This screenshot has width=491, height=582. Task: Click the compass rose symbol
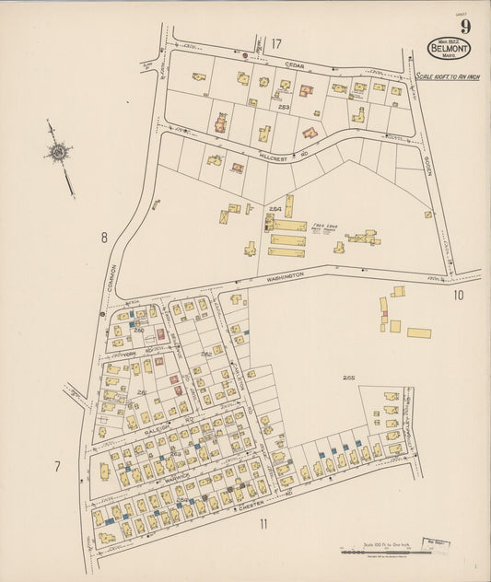pos(58,152)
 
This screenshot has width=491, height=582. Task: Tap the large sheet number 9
pos(465,27)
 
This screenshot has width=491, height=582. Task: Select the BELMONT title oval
pos(449,48)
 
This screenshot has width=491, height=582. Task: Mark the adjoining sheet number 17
pos(276,43)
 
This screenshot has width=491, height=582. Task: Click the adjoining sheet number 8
pos(104,238)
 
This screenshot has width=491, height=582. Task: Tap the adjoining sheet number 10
pos(459,296)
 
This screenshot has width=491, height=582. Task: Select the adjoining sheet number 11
pos(263,525)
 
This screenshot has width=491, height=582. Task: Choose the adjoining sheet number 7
pos(57,467)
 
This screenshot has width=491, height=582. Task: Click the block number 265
pos(348,378)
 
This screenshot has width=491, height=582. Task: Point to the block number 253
pos(284,108)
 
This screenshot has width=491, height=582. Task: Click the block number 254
pos(275,209)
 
